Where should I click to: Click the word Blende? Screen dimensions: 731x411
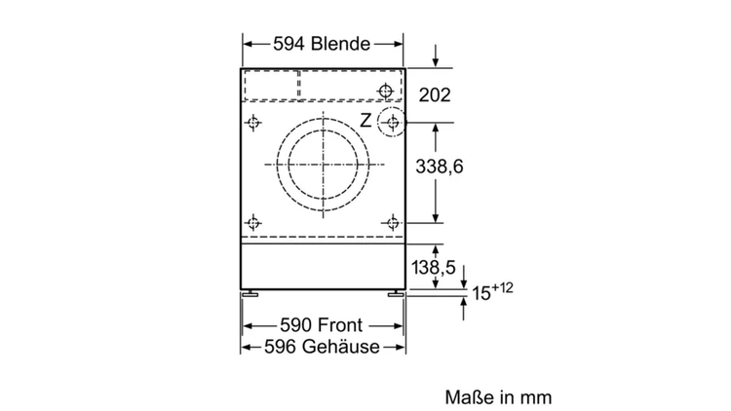coord(340,44)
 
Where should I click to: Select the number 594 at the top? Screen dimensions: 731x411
coord(289,44)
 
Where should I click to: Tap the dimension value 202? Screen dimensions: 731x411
coord(435,95)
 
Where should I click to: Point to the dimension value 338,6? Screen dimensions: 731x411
coord(440,167)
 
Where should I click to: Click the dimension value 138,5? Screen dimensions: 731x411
coord(433,268)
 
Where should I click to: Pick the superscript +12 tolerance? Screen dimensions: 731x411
coord(502,288)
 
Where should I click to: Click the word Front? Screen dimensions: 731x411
coord(339,324)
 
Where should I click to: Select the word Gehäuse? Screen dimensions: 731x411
coord(341,347)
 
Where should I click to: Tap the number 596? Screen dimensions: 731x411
coord(281,347)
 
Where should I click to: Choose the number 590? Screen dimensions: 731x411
coord(296,324)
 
